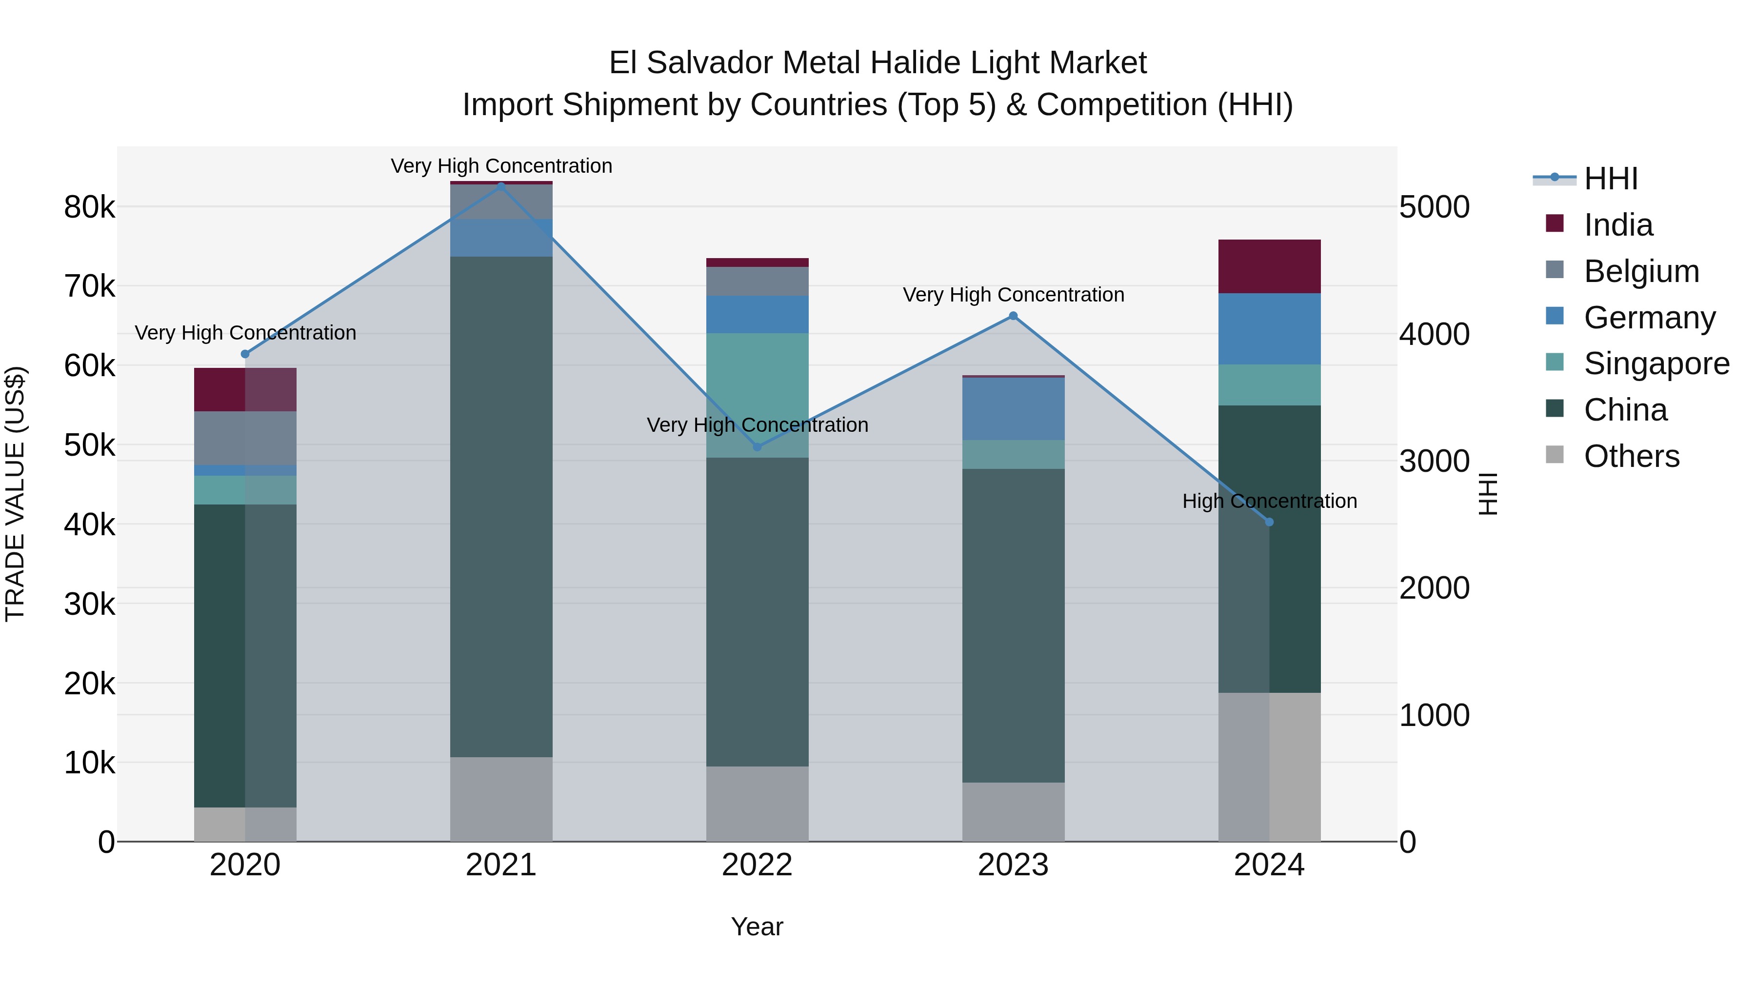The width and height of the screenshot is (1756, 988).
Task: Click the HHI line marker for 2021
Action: coord(501,185)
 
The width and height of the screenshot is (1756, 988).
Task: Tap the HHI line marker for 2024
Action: coord(1269,522)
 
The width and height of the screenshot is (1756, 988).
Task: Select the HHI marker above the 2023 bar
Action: coord(1013,316)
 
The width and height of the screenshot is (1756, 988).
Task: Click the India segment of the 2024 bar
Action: coord(1269,266)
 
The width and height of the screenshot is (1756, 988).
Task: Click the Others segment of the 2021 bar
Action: coord(501,799)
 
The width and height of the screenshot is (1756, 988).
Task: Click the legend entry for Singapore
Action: coord(1656,363)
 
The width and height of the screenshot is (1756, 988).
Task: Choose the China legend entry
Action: coord(1625,410)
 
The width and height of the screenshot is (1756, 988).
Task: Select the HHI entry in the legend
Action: coord(1610,179)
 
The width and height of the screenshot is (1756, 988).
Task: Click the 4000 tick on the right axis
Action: coord(1434,334)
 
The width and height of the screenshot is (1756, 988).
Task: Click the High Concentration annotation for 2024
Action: coord(1269,501)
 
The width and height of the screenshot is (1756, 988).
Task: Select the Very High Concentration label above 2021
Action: coord(501,166)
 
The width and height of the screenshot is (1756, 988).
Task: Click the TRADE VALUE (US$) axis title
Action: coord(16,494)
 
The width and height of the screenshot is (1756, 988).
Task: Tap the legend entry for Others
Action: coord(1631,456)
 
